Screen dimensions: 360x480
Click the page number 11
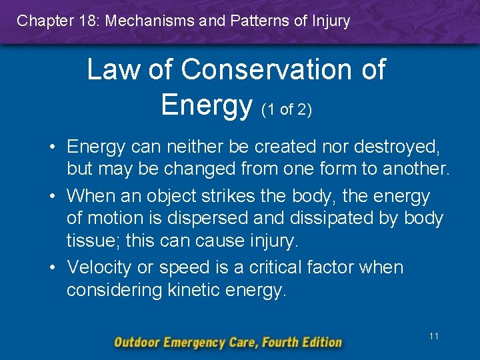(x=434, y=336)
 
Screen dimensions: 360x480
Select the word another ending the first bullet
(x=417, y=168)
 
